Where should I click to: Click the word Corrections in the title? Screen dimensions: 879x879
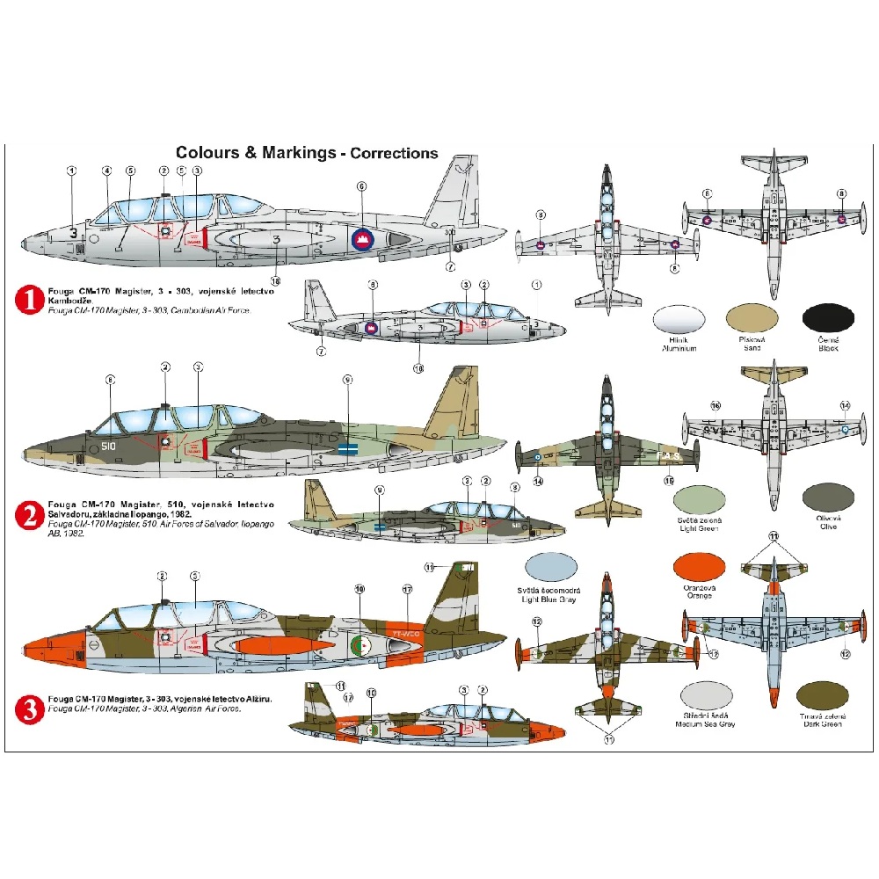point(394,153)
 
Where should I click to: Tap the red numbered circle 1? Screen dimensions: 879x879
point(30,301)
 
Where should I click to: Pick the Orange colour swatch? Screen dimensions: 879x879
point(699,570)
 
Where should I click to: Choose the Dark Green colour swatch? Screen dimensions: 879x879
point(822,697)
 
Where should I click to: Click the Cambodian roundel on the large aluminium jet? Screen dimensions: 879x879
point(362,236)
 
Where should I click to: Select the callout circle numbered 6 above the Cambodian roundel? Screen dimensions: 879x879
point(361,185)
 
